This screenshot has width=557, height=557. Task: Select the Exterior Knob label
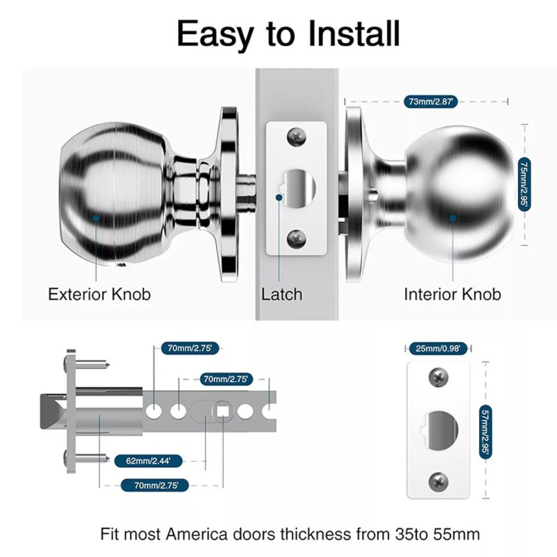pyautogui.click(x=99, y=294)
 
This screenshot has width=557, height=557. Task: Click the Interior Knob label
pyautogui.click(x=452, y=294)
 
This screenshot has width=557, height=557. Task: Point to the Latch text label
pyautogui.click(x=282, y=294)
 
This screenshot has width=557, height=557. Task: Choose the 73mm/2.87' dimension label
pyautogui.click(x=430, y=102)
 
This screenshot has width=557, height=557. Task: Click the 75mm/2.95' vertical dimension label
pyautogui.click(x=524, y=183)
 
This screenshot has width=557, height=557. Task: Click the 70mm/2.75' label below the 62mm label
pyautogui.click(x=151, y=485)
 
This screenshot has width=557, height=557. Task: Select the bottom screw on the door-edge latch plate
pyautogui.click(x=297, y=238)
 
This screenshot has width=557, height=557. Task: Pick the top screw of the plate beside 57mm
pyautogui.click(x=439, y=377)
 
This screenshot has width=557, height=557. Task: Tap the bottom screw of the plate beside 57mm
pyautogui.click(x=439, y=480)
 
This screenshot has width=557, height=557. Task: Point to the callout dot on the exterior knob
pyautogui.click(x=95, y=217)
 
